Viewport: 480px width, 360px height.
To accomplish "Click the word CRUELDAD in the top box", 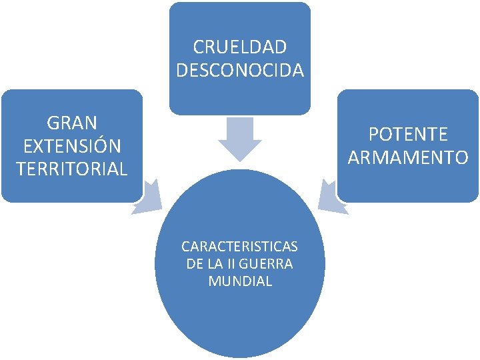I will point(240,47).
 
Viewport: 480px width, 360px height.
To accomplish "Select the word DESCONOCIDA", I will point(240,69).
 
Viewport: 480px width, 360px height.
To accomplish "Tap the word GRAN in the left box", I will point(72,123).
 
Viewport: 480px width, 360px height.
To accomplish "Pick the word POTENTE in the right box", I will point(408,135).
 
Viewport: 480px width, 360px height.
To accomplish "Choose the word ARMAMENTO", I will point(408,158).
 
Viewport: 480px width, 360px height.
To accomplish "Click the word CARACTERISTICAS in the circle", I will point(240,246).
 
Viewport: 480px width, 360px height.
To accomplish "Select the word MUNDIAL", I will point(240,281).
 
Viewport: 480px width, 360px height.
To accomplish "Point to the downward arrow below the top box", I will point(240,140).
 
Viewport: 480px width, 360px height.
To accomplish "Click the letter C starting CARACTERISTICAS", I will point(185,246).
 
